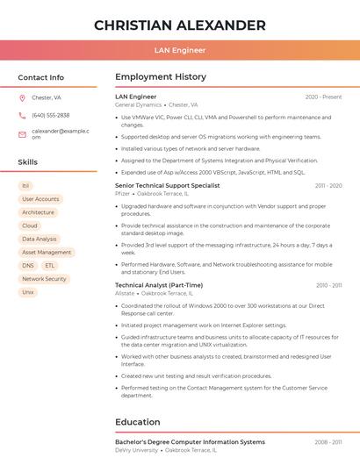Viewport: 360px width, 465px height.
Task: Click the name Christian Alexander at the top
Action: (x=180, y=25)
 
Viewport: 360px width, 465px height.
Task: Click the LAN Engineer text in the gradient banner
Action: (x=180, y=50)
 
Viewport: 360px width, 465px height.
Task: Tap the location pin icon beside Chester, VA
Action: (x=22, y=97)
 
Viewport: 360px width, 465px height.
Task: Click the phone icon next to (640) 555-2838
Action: (x=22, y=116)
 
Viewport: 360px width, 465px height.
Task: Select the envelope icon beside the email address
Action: (x=22, y=134)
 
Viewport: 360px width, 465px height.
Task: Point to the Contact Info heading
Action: (x=41, y=77)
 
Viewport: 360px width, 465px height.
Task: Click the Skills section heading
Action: (x=28, y=162)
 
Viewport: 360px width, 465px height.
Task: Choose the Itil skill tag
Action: (x=25, y=186)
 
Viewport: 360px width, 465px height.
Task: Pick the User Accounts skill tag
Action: (x=40, y=199)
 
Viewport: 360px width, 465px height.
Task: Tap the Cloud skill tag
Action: (x=30, y=225)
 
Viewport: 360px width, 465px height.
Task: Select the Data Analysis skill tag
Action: (x=40, y=239)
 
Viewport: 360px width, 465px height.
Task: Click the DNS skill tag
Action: (x=28, y=265)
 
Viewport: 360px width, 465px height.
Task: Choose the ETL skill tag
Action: (x=50, y=265)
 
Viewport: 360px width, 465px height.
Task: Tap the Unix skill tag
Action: (x=28, y=292)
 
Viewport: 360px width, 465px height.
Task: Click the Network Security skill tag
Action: (x=44, y=279)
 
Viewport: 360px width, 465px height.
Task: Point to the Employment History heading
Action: (x=161, y=77)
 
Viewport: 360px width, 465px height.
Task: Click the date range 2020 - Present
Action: (x=323, y=97)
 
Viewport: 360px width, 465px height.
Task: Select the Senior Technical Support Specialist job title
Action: (x=168, y=186)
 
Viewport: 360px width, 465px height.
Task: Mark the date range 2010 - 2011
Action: (x=328, y=285)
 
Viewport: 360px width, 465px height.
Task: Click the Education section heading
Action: (x=138, y=422)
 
